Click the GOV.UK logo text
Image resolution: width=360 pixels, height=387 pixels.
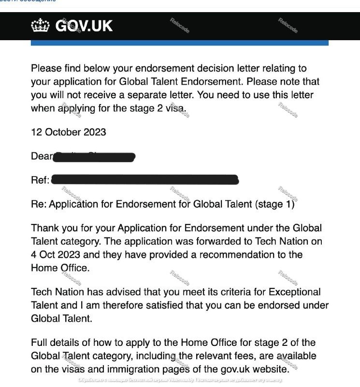pyautogui.click(x=84, y=26)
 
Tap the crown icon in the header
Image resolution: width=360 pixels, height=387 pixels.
pyautogui.click(x=40, y=26)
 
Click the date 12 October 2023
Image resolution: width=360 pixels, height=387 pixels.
pyautogui.click(x=69, y=132)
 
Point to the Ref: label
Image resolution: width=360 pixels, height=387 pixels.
pyautogui.click(x=40, y=180)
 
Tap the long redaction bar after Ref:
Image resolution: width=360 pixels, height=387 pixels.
pyautogui.click(x=144, y=180)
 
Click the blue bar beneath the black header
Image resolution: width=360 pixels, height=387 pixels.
pyautogui.click(x=179, y=43)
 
